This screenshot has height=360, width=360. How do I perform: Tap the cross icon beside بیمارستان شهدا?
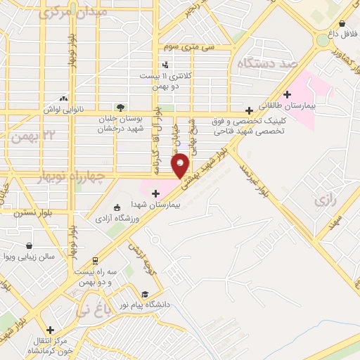click(155, 193)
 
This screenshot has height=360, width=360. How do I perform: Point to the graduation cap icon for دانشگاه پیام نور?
click(145, 294)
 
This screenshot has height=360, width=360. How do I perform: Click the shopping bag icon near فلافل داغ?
click(342, 23)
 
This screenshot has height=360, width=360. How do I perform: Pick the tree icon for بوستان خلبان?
click(121, 108)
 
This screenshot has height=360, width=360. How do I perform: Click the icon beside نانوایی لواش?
click(64, 99)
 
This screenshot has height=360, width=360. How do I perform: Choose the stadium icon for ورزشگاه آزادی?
click(117, 207)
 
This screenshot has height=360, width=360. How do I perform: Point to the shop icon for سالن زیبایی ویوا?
click(29, 246)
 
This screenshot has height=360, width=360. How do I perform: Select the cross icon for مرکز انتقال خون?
click(50, 330)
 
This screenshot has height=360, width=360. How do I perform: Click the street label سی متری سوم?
click(188, 46)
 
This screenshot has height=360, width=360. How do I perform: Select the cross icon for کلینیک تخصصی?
click(249, 110)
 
